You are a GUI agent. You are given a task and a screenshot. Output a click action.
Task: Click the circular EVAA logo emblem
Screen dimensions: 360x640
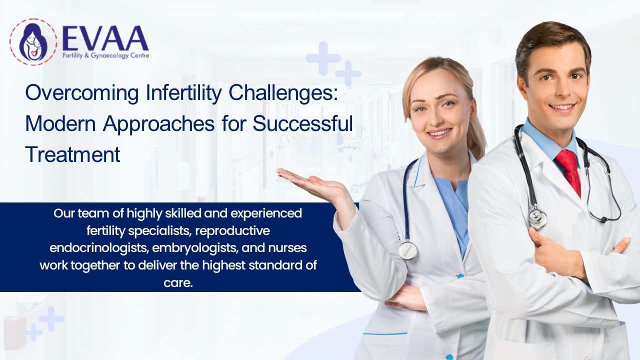pos(33,42)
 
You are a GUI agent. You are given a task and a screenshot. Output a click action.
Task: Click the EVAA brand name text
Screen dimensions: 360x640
pos(105,38)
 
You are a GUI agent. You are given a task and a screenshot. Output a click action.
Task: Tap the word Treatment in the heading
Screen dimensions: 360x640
pos(72,154)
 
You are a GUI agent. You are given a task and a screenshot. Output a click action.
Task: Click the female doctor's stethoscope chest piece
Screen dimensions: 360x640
pos(407,250)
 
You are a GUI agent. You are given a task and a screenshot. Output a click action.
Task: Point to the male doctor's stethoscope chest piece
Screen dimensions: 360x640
pos(538,218)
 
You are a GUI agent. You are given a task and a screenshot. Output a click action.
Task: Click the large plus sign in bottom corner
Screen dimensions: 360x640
pos(51,318)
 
